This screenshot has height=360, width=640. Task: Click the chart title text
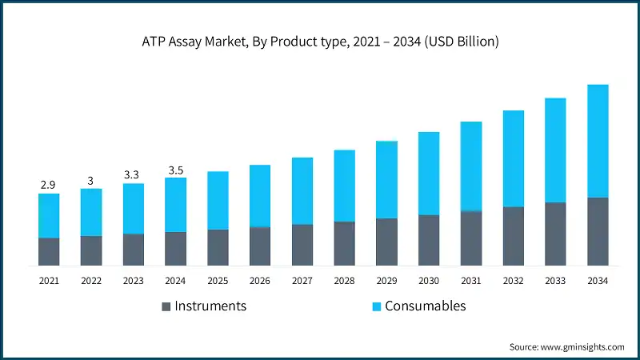click(x=320, y=42)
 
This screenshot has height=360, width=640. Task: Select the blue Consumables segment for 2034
click(x=598, y=141)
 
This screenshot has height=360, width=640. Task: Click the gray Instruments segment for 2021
click(x=49, y=251)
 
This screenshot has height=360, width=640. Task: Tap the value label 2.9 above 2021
click(x=48, y=185)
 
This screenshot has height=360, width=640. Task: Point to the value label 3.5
click(x=175, y=170)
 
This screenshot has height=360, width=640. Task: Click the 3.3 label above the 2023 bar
click(x=133, y=174)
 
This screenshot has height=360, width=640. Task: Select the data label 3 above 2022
click(x=90, y=180)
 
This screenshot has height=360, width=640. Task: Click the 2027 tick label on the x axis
click(x=302, y=281)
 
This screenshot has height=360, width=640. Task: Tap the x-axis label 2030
click(x=429, y=281)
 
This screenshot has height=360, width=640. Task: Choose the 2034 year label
click(x=598, y=281)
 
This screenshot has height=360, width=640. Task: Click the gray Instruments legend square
click(x=166, y=306)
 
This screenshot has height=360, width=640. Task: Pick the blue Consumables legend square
click(x=375, y=306)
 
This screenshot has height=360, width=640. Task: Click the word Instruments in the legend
click(x=210, y=306)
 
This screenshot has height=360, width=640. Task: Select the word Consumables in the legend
click(x=425, y=306)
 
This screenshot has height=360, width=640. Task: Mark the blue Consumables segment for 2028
click(x=344, y=186)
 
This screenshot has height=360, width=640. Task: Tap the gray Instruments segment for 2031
click(x=471, y=238)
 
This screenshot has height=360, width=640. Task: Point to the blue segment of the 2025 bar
click(x=218, y=201)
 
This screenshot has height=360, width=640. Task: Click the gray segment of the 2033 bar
click(x=555, y=234)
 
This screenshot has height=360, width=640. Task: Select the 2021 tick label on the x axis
click(x=49, y=281)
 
